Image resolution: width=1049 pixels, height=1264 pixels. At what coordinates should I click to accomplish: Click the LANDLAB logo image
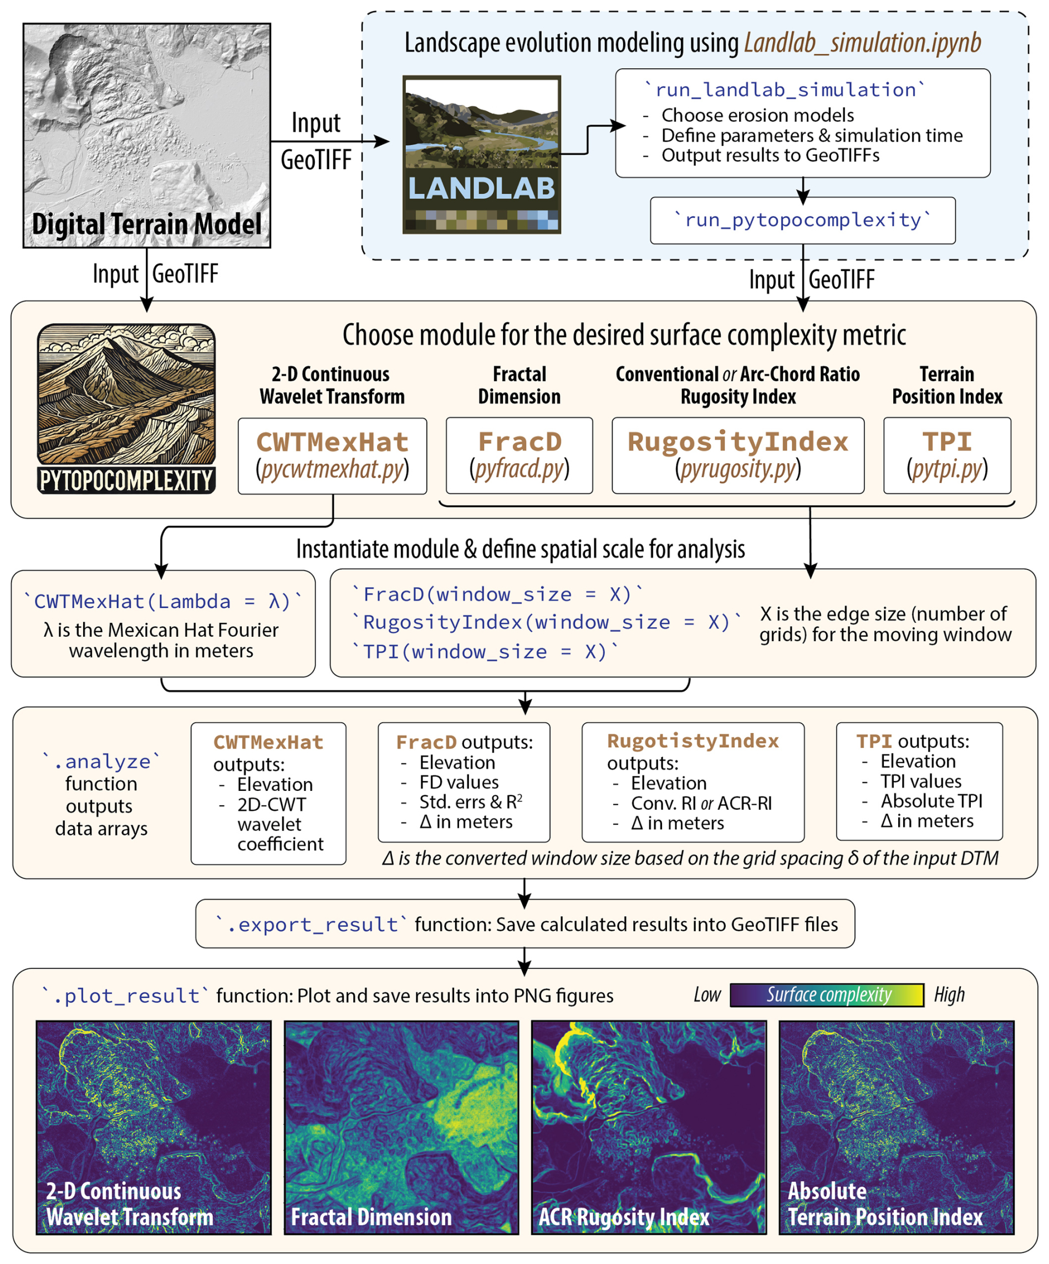481,154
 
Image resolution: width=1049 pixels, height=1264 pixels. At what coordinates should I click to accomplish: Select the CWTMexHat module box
332,456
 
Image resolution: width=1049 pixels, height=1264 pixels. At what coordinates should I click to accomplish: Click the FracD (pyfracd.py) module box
520,456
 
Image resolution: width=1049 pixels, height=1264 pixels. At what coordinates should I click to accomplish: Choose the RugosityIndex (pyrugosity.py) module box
738,456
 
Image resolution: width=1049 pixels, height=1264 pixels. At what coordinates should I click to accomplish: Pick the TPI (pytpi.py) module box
946,456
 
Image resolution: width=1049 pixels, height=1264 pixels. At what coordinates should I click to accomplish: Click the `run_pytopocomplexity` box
802,220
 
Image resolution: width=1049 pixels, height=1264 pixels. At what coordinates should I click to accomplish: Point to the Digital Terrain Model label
147,225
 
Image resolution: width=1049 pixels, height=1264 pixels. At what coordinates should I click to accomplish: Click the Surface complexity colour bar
826,995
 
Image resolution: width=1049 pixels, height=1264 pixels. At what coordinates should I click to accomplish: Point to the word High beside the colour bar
949,995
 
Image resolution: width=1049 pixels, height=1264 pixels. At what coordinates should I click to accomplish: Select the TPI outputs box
919,781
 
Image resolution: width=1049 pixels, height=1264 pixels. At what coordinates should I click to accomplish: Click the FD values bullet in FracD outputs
459,782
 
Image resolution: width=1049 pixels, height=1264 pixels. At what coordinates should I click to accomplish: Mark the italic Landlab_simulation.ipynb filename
862,43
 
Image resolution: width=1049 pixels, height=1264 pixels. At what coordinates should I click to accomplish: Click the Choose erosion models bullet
757,115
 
